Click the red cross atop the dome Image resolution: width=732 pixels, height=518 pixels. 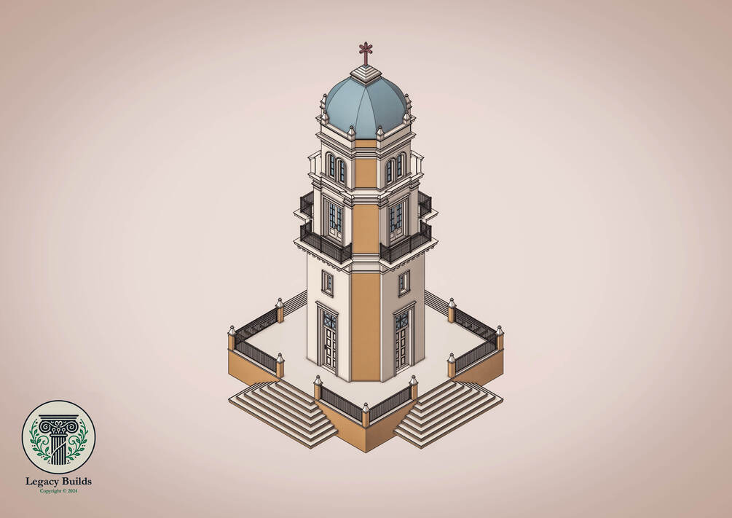pos(366,52)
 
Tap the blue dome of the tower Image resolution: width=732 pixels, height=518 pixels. pos(365,105)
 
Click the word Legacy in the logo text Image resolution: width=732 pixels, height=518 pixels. pos(41,482)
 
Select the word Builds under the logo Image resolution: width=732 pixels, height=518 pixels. pos(75,481)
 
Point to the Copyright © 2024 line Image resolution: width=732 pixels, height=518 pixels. pos(58,491)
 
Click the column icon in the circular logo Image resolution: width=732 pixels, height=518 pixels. pos(58,439)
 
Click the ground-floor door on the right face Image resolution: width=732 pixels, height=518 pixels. pos(402,340)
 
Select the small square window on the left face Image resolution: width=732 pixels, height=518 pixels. pos(328,283)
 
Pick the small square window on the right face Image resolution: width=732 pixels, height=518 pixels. pos(404,283)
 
